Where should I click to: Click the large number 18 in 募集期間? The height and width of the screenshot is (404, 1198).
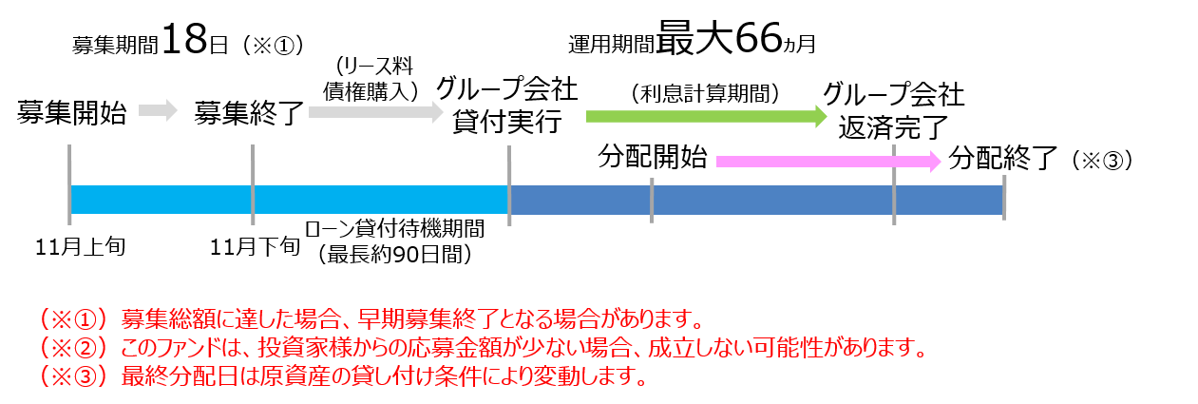coord(184,39)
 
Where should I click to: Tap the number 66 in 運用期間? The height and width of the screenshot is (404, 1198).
coord(759,38)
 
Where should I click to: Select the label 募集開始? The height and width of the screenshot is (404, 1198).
coord(71,113)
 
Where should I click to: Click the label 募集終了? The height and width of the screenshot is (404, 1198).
coord(249,113)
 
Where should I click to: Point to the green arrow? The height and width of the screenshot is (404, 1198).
coord(707,117)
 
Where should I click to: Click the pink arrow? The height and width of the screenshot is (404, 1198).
coord(828,161)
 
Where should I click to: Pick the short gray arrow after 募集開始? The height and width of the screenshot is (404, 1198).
coord(158,110)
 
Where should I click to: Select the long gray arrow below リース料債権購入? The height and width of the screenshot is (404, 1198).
coord(376,112)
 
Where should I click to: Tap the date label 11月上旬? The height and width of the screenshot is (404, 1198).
coord(80,247)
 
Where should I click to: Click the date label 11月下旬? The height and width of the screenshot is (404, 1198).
coord(255,247)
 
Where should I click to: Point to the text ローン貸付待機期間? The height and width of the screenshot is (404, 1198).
coord(394,229)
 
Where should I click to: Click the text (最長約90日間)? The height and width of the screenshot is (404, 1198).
coord(394,255)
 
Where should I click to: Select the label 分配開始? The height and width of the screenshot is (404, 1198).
coord(653,157)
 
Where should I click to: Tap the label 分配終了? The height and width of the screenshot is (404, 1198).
coord(1003,158)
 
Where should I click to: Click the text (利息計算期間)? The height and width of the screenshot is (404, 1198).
coord(706,93)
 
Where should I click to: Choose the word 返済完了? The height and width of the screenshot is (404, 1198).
coord(893,127)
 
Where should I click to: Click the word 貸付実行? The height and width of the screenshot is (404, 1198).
coord(507,122)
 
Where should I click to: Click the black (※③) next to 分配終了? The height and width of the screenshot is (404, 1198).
coord(1103,160)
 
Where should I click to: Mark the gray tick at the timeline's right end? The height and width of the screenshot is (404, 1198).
coord(1004,198)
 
